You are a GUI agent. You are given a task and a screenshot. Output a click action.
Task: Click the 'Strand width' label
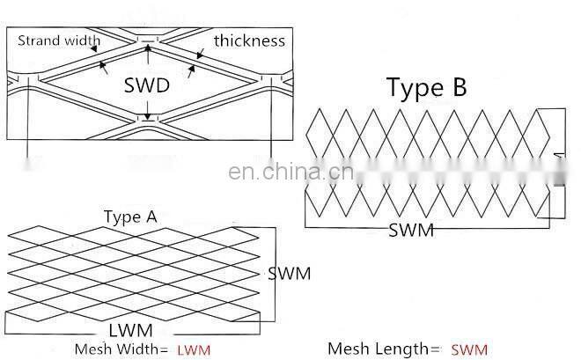click(59, 40)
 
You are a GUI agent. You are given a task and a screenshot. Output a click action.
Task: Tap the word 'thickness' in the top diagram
click(249, 40)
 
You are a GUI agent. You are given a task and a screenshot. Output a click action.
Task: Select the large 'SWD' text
click(147, 87)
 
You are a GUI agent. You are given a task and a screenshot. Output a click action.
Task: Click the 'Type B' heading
click(427, 87)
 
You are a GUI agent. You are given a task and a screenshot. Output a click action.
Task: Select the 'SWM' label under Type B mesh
click(411, 231)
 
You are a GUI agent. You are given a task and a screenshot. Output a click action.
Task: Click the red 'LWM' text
click(194, 349)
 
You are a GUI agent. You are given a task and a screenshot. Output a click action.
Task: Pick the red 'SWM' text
click(469, 349)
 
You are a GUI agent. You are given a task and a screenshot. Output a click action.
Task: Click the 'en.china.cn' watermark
click(290, 172)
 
